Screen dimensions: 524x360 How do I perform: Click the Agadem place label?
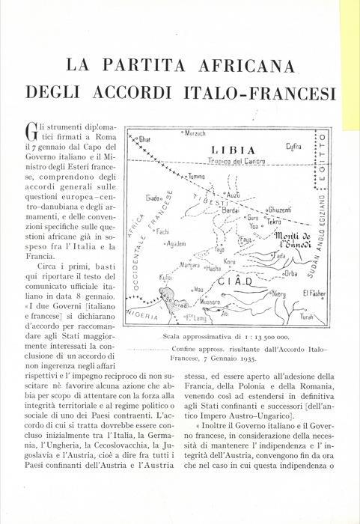174,245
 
